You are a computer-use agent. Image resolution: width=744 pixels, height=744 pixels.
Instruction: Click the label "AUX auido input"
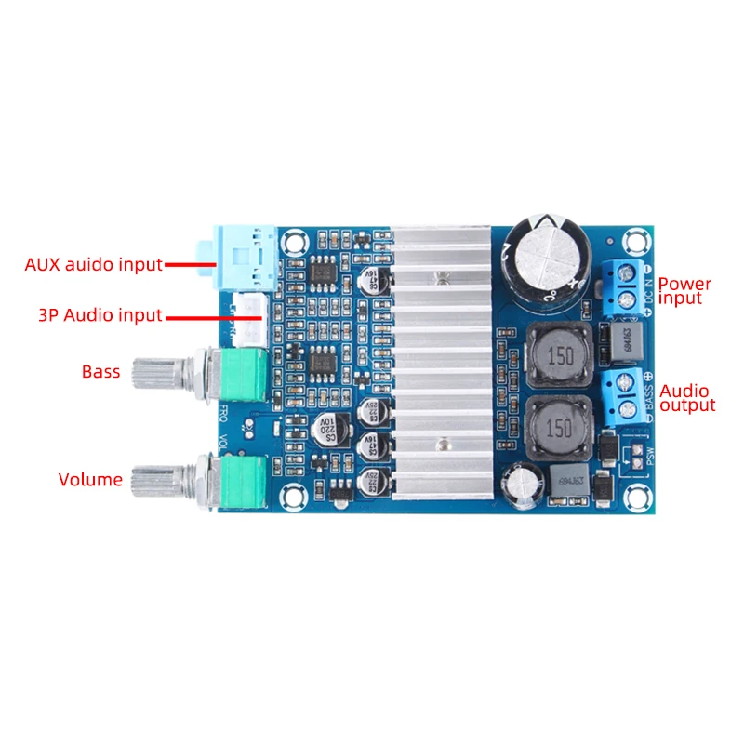click(x=93, y=264)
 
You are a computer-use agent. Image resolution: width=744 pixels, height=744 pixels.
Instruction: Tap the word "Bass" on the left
click(x=100, y=372)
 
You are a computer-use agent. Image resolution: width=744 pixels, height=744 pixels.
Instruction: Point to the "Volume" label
click(x=90, y=480)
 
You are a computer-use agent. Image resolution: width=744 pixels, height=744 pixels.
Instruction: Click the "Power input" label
click(x=684, y=291)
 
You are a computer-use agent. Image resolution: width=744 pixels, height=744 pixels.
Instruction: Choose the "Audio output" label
click(x=687, y=398)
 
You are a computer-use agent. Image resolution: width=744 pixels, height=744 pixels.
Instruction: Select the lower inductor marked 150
click(x=561, y=428)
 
